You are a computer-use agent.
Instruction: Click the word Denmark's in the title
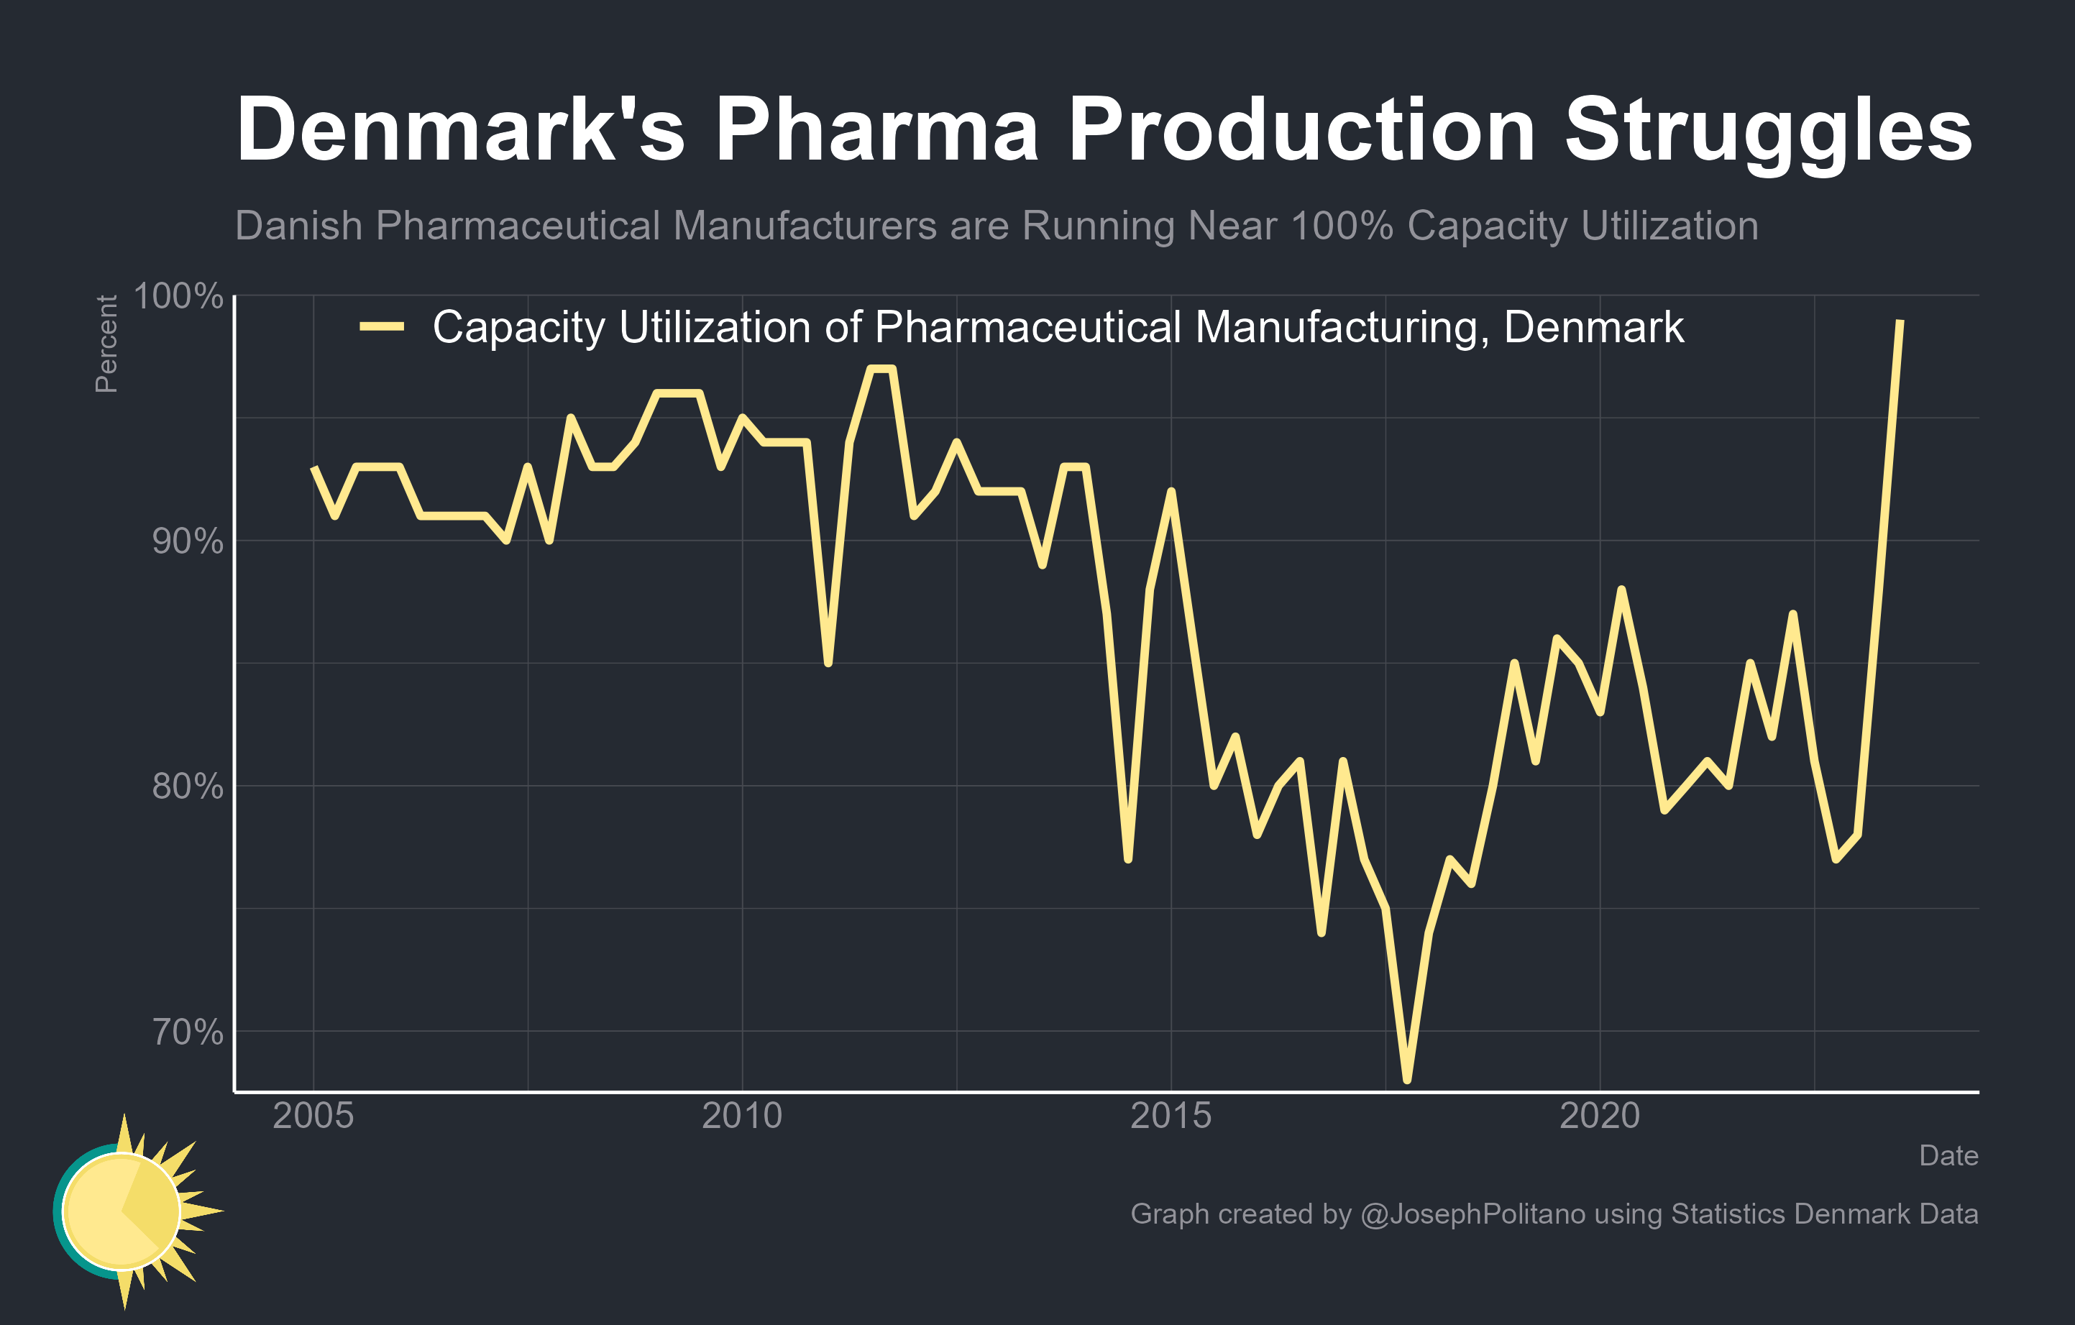click(x=460, y=131)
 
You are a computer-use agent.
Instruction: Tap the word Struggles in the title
click(x=1767, y=131)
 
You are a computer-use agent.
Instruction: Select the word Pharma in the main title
click(x=876, y=131)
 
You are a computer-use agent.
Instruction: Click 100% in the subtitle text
click(x=1342, y=226)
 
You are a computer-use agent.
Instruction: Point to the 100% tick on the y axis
click(x=178, y=296)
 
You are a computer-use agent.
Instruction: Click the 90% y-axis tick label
click(x=187, y=541)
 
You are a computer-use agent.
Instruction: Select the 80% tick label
click(x=187, y=786)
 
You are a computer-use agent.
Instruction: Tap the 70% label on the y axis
click(x=187, y=1031)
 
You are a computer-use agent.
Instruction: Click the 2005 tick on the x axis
click(x=313, y=1117)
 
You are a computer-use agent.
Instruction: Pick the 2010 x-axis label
click(x=742, y=1117)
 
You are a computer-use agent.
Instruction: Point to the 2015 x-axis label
click(x=1171, y=1117)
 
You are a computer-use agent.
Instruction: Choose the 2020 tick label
click(x=1599, y=1117)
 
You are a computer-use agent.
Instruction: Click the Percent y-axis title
click(x=106, y=344)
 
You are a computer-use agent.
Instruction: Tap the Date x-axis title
click(x=1948, y=1155)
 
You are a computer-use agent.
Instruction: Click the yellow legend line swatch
click(x=382, y=326)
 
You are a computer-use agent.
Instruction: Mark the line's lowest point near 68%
click(x=1406, y=1078)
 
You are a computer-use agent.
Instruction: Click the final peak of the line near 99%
click(x=1900, y=321)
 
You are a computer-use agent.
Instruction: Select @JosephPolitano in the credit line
click(x=1472, y=1214)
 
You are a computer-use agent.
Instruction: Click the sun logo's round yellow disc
click(x=122, y=1211)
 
